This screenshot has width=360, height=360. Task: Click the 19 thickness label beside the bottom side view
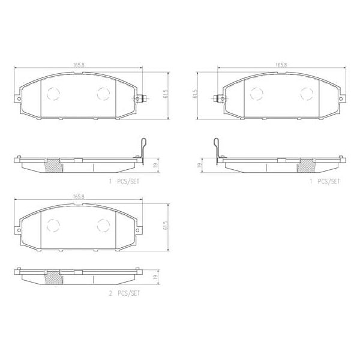155,277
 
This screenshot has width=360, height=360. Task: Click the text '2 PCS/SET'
125,295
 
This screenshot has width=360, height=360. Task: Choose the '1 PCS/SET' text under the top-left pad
125,181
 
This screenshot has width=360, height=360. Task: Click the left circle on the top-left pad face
53,93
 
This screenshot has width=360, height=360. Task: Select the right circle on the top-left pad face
103,93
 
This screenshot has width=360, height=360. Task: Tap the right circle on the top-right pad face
307,93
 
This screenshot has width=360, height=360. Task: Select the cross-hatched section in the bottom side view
53,277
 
